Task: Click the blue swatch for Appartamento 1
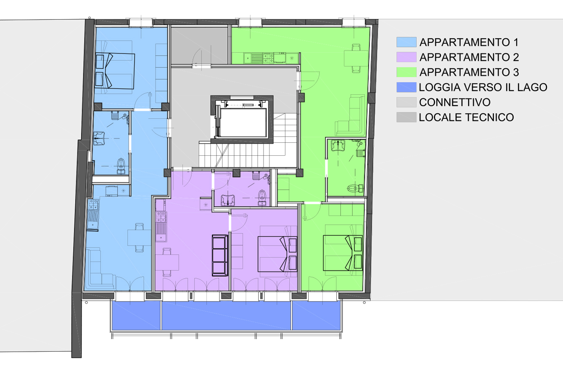pyautogui.click(x=407, y=42)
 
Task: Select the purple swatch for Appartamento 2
pyautogui.click(x=407, y=57)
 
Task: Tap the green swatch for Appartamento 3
pyautogui.click(x=407, y=72)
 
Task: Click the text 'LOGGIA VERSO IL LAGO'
pyautogui.click(x=483, y=87)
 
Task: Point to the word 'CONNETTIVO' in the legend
pyautogui.click(x=455, y=102)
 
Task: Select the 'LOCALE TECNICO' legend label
pyautogui.click(x=466, y=117)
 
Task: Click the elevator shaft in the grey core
pyautogui.click(x=242, y=119)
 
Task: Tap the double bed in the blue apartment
pyautogui.click(x=115, y=71)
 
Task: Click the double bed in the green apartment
pyautogui.click(x=343, y=253)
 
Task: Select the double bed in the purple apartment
pyautogui.click(x=277, y=254)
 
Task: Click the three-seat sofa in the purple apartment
pyautogui.click(x=220, y=255)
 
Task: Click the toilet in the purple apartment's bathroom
pyautogui.click(x=262, y=197)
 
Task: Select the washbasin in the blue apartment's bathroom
pyautogui.click(x=99, y=139)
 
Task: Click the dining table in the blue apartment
pyautogui.click(x=139, y=237)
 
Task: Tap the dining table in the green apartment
pyautogui.click(x=356, y=58)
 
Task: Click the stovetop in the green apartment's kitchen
pyautogui.click(x=268, y=58)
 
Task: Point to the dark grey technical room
pyautogui.click(x=199, y=45)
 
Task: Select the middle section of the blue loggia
pyautogui.click(x=226, y=316)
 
